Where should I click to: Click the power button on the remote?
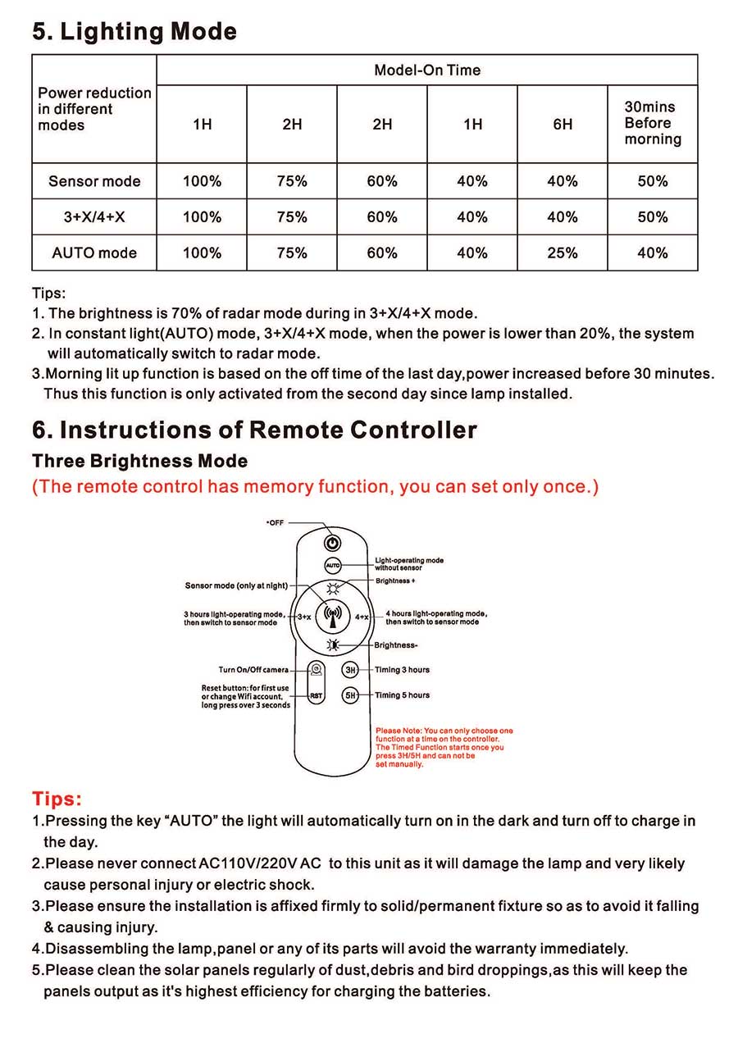[332, 542]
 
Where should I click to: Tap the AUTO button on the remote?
[332, 566]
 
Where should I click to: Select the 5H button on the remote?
[350, 695]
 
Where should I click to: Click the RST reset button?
[316, 695]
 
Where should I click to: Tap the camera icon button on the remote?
[316, 670]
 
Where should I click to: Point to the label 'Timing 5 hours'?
[402, 695]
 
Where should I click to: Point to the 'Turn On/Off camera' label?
[253, 670]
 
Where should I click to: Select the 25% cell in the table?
[563, 253]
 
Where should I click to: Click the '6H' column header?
[563, 125]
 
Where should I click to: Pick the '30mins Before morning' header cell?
[653, 123]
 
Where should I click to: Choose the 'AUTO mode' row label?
[94, 253]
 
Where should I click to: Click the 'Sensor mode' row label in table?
[94, 181]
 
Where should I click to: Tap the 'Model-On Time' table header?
[427, 71]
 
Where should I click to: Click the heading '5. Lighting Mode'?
[134, 32]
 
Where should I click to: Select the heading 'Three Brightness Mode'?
[140, 461]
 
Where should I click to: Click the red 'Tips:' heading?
[57, 799]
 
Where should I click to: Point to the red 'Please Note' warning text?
[444, 747]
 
